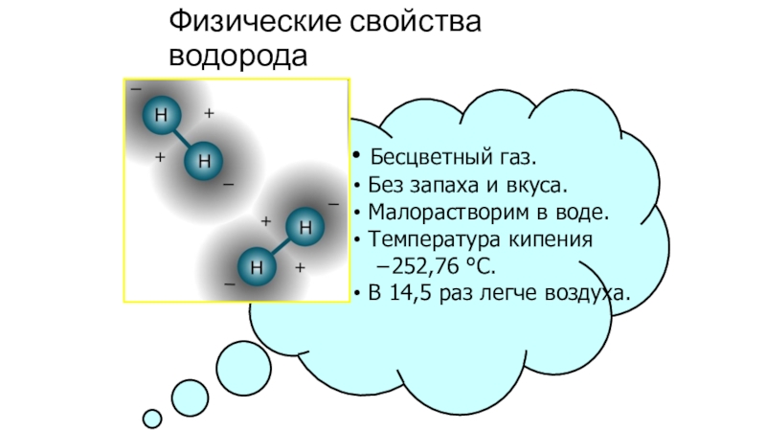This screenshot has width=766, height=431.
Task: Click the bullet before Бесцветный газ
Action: coord(354,155)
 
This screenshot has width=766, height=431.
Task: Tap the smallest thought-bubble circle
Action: coord(151,419)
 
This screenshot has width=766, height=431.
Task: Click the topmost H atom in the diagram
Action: coord(160,116)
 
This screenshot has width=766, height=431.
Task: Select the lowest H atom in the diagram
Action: coord(256,264)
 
